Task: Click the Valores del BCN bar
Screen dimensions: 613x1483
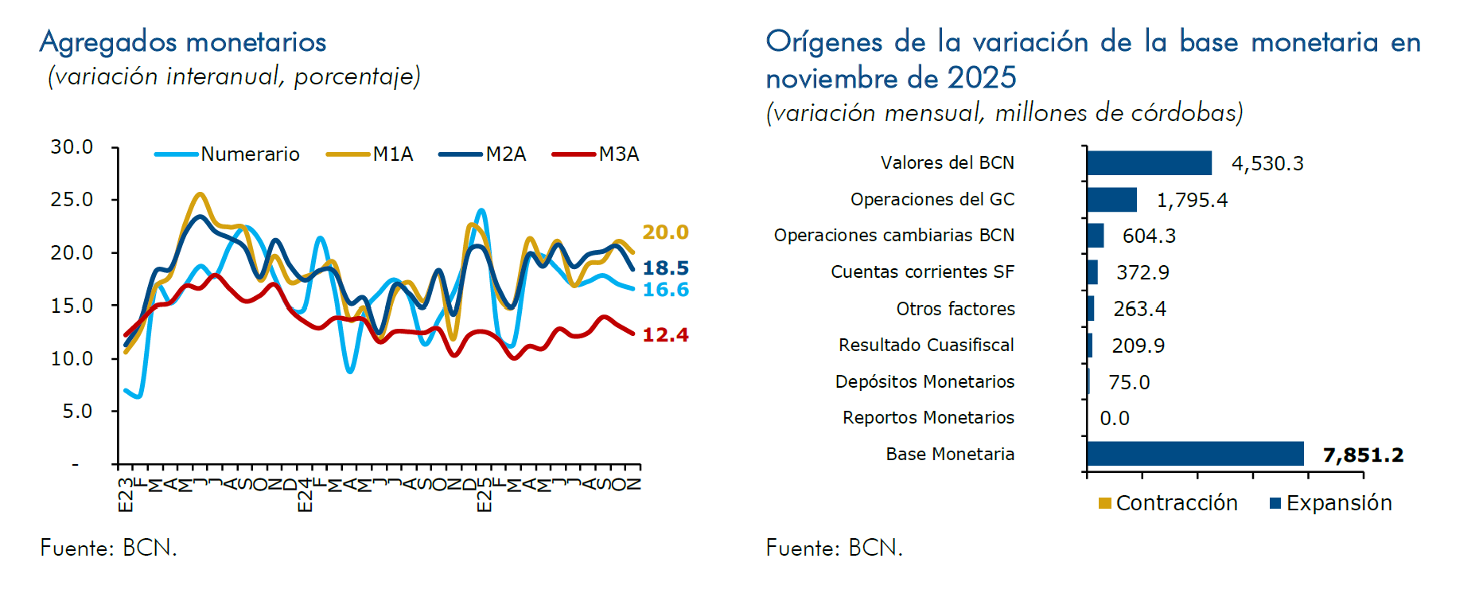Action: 1149,163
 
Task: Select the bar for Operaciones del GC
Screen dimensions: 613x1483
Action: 1111,200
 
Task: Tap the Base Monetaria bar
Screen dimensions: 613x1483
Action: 1195,454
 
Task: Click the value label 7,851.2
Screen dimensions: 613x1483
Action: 1363,455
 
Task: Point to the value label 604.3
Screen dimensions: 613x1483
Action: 1149,236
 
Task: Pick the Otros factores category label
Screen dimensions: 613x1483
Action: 956,309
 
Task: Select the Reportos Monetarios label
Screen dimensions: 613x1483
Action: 928,418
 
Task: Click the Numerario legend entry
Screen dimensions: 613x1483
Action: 250,154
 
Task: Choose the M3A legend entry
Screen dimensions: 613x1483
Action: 618,154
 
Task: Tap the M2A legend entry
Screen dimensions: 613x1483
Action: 506,154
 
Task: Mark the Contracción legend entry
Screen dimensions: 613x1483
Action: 1176,503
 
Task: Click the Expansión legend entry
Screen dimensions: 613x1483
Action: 1338,503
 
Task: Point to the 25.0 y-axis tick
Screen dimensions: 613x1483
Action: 72,200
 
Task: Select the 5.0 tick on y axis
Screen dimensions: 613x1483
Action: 77,412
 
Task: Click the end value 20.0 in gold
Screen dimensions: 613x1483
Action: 665,232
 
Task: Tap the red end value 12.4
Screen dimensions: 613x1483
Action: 665,335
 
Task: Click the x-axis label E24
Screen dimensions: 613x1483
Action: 305,496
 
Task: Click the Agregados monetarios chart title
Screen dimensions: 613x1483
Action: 183,41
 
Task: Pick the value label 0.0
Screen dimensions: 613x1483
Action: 1114,419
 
